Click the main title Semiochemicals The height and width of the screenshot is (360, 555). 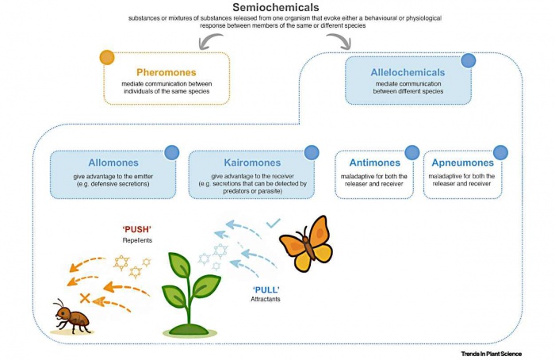pyautogui.click(x=277, y=8)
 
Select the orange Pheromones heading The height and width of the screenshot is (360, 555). pyautogui.click(x=166, y=72)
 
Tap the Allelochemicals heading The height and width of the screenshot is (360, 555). pyautogui.click(x=408, y=72)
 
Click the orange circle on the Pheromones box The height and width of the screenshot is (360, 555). pyautogui.click(x=107, y=58)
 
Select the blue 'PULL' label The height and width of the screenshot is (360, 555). pyautogui.click(x=265, y=289)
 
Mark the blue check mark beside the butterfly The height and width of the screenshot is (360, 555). pyautogui.click(x=274, y=225)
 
